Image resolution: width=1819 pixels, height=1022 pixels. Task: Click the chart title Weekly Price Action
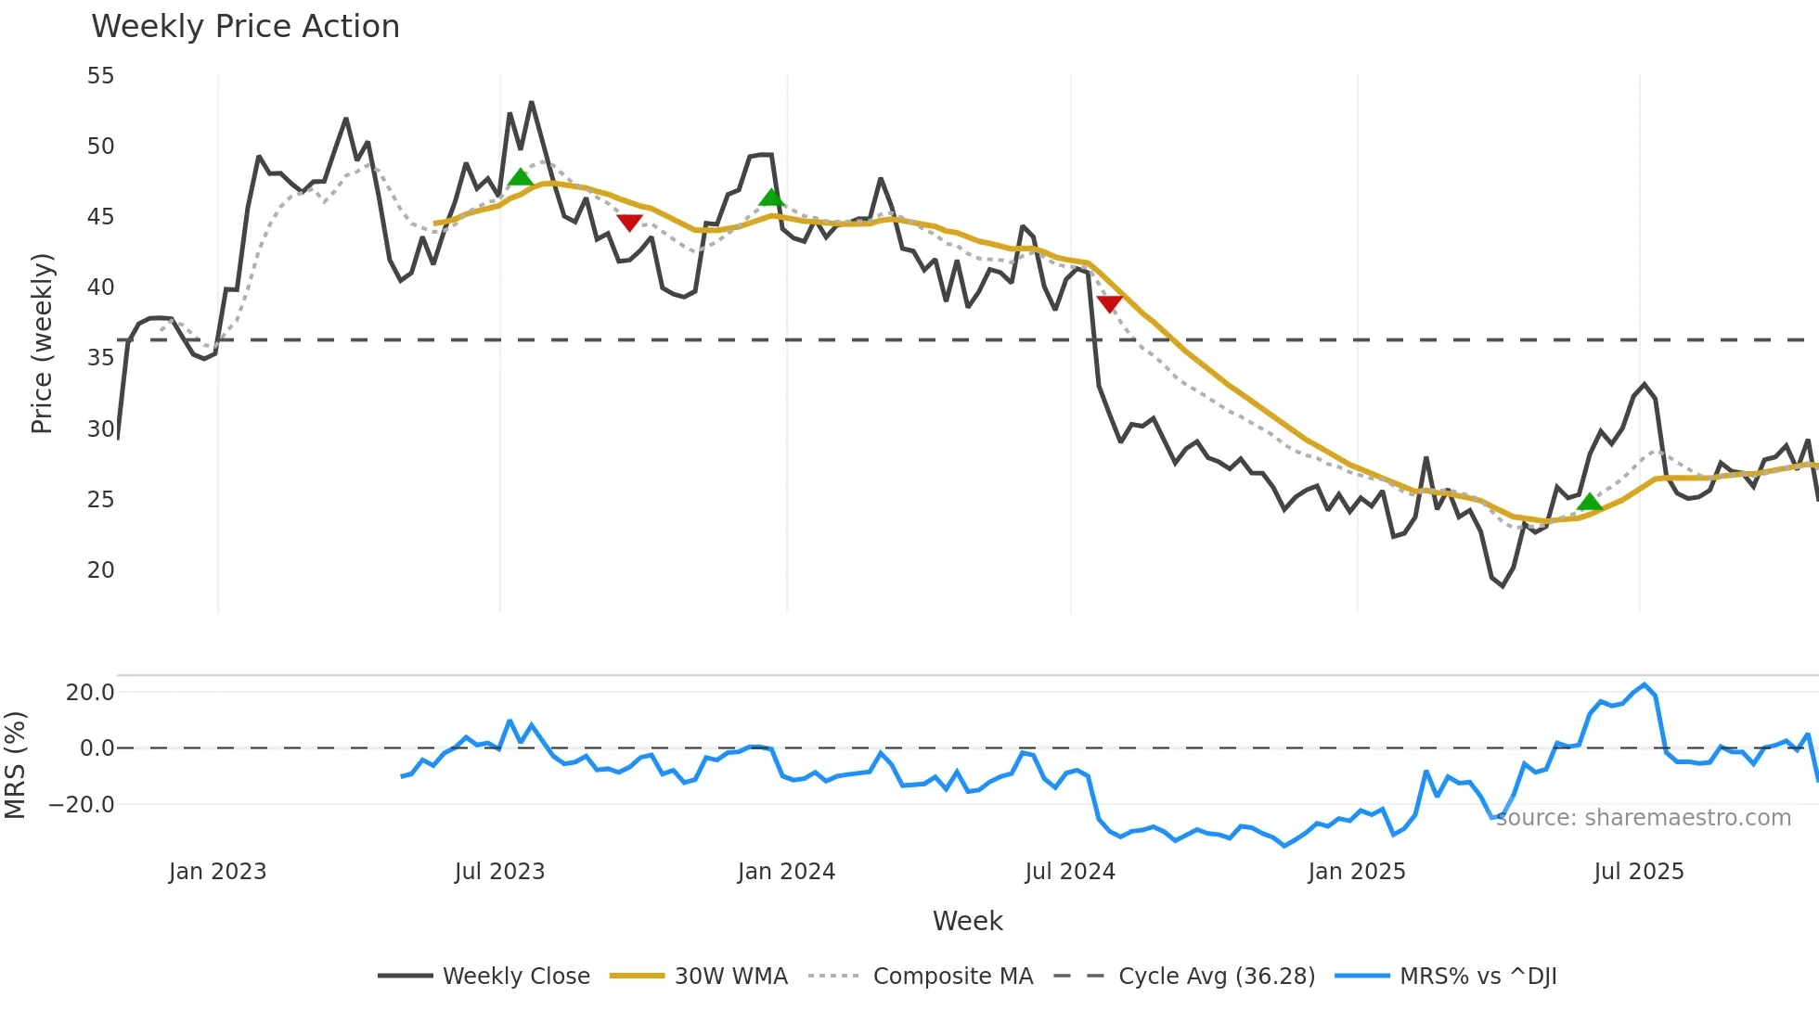pos(245,27)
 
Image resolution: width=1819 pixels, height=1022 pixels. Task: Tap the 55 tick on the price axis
pos(100,76)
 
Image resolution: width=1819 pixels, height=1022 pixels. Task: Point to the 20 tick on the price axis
pos(100,570)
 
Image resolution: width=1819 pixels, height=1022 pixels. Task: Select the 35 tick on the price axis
pos(100,358)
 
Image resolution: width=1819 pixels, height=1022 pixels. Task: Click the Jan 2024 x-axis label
pos(786,872)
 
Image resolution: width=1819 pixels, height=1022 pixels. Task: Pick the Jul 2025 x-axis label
pos(1638,872)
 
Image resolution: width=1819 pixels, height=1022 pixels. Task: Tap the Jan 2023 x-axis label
pos(217,872)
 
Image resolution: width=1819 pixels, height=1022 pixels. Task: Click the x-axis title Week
pos(967,921)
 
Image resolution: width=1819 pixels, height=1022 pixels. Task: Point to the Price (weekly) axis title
pos(42,343)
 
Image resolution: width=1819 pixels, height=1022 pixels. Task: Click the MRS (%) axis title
pos(15,765)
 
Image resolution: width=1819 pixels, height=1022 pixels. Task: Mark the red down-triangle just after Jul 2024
pos(1109,303)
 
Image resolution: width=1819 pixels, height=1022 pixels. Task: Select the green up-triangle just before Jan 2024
pos(771,197)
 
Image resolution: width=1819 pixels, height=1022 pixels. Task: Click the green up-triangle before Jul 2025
pos(1589,502)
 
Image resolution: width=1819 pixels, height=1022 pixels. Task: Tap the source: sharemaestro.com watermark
pos(1643,818)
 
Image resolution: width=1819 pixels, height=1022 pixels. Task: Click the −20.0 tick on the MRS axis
pos(82,805)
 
